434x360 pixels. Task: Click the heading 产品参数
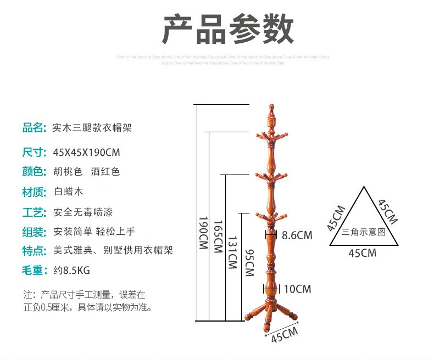click(227, 30)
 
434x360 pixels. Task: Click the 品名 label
click(33, 128)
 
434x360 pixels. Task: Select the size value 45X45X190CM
click(87, 152)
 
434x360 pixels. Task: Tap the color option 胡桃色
click(68, 172)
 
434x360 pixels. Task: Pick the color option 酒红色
click(105, 172)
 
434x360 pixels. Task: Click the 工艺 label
click(33, 212)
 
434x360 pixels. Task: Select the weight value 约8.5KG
click(71, 271)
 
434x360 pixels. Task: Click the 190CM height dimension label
click(203, 233)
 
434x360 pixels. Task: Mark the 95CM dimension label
click(249, 262)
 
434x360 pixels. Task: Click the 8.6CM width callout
click(297, 235)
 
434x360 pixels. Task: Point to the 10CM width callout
click(297, 289)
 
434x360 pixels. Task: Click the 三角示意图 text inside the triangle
click(363, 232)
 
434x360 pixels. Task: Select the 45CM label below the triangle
click(363, 253)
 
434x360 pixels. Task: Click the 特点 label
click(33, 251)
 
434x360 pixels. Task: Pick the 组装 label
click(33, 232)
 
